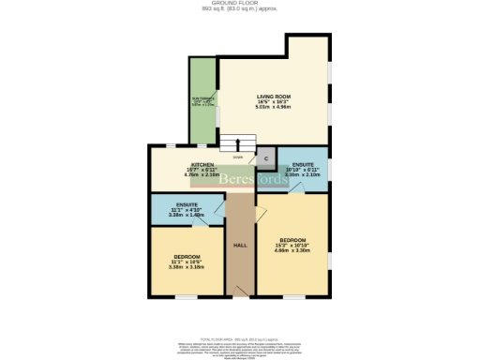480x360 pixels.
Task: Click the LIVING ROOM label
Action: coord(275,97)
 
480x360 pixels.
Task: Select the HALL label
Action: coord(239,245)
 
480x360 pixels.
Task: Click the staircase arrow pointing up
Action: coord(237,144)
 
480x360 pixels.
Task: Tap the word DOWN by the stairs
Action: coord(238,157)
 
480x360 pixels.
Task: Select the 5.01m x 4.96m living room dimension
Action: coord(275,108)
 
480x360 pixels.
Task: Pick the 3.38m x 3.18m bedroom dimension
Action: coord(186,267)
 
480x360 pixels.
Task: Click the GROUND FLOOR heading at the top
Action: coord(239,4)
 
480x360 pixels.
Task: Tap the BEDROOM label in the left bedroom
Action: coord(186,256)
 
